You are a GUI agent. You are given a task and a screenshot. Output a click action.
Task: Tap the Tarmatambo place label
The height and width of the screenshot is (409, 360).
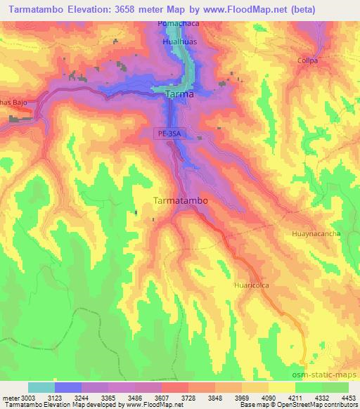(180, 200)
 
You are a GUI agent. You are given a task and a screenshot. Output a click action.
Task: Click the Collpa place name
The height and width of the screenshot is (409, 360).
(307, 60)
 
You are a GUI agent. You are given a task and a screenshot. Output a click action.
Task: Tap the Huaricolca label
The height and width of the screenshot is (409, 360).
(252, 287)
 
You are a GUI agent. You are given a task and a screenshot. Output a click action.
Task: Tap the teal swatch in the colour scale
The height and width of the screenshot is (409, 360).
(41, 387)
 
